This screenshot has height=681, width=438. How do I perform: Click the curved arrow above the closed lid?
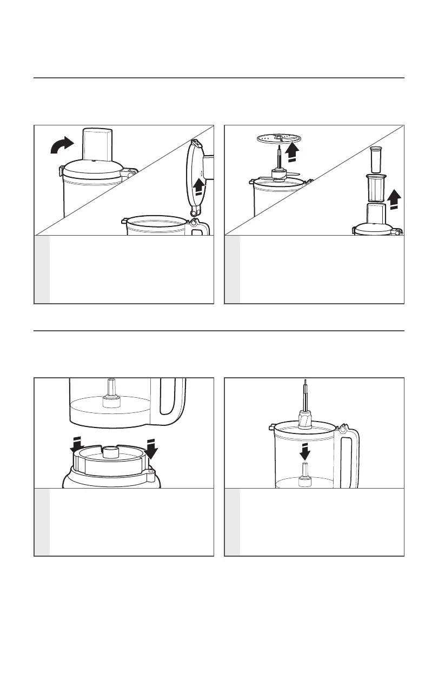61,144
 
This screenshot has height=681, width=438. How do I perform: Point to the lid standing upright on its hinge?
195,178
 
